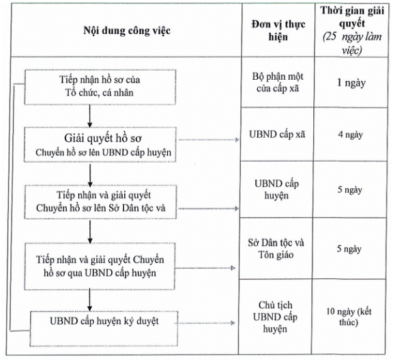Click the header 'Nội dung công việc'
tap(127, 31)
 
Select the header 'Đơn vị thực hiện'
tap(278, 31)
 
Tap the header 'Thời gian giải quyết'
tap(352, 17)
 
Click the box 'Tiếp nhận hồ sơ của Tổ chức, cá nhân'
tap(100, 87)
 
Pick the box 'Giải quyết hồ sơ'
tap(100, 145)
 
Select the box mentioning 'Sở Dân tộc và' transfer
tap(100, 202)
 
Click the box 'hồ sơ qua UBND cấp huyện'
tap(100, 267)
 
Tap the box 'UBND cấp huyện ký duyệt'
tap(104, 329)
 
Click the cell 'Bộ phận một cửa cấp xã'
tap(278, 82)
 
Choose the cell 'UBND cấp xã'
tap(277, 134)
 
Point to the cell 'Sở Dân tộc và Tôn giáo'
tap(276, 249)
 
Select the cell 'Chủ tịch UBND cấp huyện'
tap(275, 317)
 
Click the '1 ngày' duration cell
tap(351, 83)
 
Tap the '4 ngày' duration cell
tap(351, 135)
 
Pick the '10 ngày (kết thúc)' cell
tap(349, 316)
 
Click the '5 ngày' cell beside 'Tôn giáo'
tap(349, 249)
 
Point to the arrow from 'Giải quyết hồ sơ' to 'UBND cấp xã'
tap(209, 140)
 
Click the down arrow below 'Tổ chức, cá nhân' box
tap(90, 116)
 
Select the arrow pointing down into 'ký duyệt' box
tap(89, 301)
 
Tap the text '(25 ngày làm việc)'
tap(352, 44)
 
